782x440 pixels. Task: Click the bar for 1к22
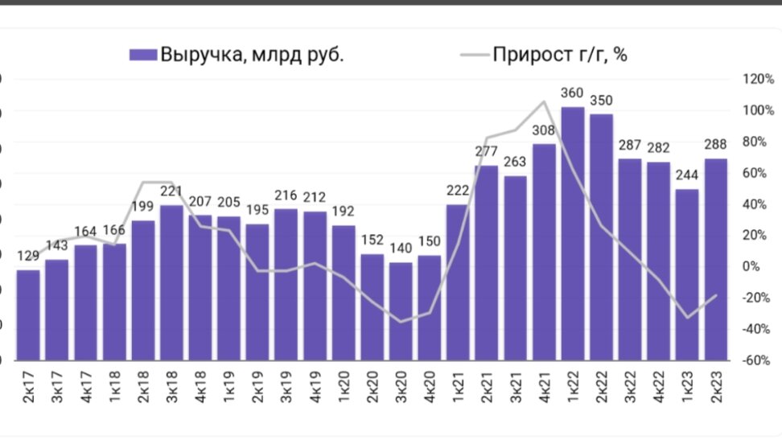(x=572, y=233)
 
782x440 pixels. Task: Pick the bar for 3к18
(x=171, y=282)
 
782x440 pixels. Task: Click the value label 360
(x=572, y=94)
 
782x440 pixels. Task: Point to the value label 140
(x=401, y=250)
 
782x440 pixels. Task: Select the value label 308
(x=544, y=131)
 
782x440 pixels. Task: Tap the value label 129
(x=28, y=257)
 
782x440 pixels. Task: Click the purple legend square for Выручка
(x=142, y=55)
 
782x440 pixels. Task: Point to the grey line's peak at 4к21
(x=544, y=102)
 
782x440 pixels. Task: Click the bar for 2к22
(x=601, y=237)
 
